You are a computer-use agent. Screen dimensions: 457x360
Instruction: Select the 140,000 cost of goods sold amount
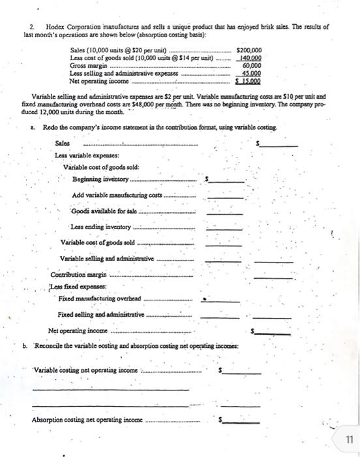[251, 57]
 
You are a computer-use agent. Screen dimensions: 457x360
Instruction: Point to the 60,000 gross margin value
[252, 65]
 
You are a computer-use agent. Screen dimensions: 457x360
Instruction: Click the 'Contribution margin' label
[78, 274]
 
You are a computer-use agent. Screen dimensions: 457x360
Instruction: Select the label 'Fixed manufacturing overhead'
[98, 298]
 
